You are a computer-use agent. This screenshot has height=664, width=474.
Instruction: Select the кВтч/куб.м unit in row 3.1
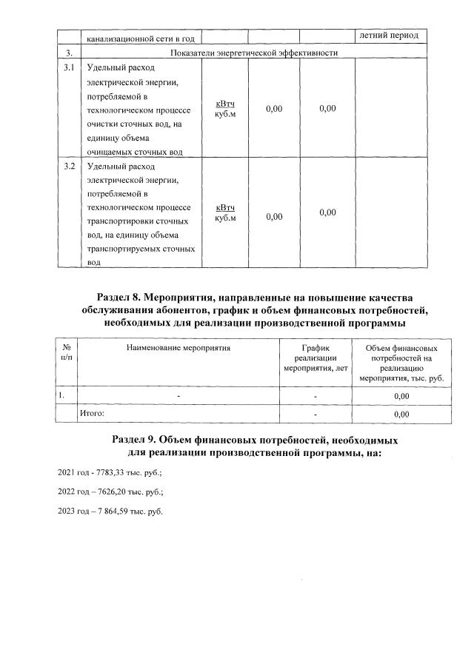[225, 110]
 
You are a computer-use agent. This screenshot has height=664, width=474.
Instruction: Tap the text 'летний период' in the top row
[389, 36]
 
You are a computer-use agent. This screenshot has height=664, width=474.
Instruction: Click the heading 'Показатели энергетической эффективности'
[254, 53]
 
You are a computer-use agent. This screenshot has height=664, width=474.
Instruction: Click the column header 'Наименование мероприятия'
[178, 346]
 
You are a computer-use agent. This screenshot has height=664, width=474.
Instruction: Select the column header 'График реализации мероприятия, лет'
[316, 358]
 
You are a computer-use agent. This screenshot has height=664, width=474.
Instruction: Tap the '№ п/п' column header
[67, 352]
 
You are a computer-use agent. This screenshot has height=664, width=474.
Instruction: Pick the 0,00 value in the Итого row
[401, 415]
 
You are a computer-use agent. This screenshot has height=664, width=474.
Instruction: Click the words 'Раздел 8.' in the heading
[128, 296]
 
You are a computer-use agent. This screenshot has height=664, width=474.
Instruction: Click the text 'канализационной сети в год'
[140, 38]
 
